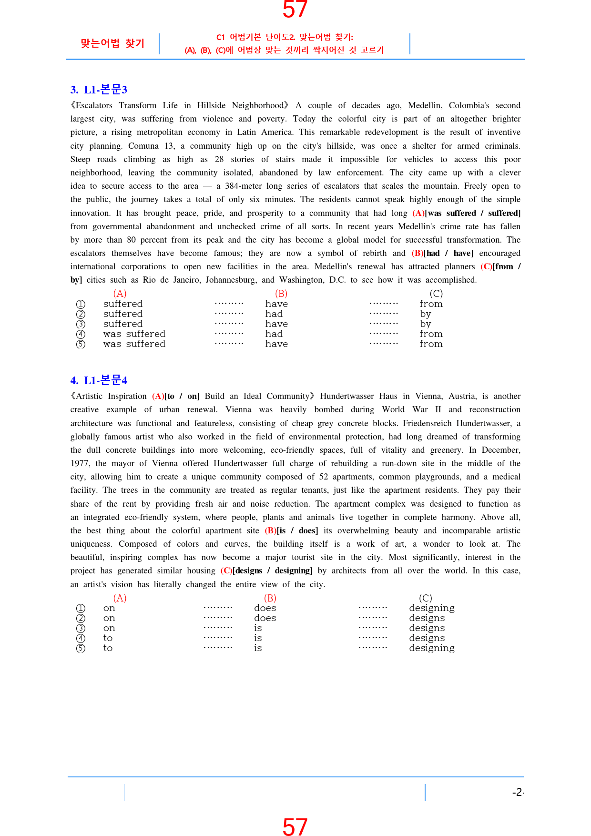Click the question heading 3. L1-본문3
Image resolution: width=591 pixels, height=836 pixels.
[99, 90]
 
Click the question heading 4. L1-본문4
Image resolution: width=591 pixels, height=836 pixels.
[99, 380]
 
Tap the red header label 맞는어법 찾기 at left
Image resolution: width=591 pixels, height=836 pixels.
[112, 43]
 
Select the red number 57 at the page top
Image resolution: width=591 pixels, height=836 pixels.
[295, 10]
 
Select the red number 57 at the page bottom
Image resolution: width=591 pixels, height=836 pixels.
[295, 826]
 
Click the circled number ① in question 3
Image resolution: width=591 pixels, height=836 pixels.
[81, 304]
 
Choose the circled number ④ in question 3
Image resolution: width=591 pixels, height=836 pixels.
[81, 334]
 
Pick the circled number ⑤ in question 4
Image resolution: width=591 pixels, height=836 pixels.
[81, 648]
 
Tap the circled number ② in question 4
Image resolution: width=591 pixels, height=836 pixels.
[81, 618]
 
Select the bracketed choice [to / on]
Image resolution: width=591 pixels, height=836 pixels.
[182, 396]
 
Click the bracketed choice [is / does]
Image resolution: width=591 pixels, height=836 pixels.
[297, 530]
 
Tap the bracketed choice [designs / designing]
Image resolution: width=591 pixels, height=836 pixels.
[272, 571]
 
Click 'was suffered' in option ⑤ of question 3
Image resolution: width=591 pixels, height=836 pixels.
[134, 344]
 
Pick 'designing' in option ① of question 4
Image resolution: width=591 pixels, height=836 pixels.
[431, 608]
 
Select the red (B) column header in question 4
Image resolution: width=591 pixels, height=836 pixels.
[270, 598]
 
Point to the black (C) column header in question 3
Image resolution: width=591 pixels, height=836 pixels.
[436, 294]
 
